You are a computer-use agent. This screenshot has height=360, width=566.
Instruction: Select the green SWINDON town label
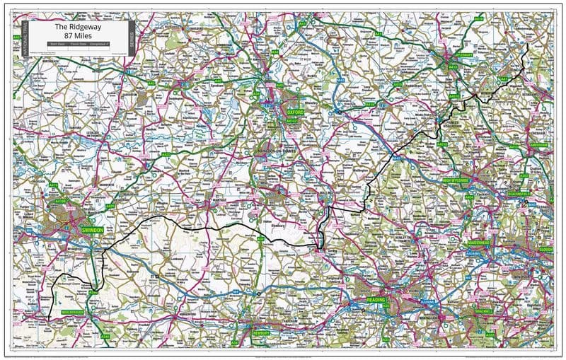point(92,231)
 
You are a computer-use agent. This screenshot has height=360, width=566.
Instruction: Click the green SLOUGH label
point(545,249)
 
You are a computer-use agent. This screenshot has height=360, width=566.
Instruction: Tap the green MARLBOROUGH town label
point(72,311)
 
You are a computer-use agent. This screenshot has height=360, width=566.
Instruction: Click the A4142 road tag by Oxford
point(292,121)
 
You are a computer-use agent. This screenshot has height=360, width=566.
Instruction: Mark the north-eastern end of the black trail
point(528,46)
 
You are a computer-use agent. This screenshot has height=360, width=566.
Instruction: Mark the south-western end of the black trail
point(48,321)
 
